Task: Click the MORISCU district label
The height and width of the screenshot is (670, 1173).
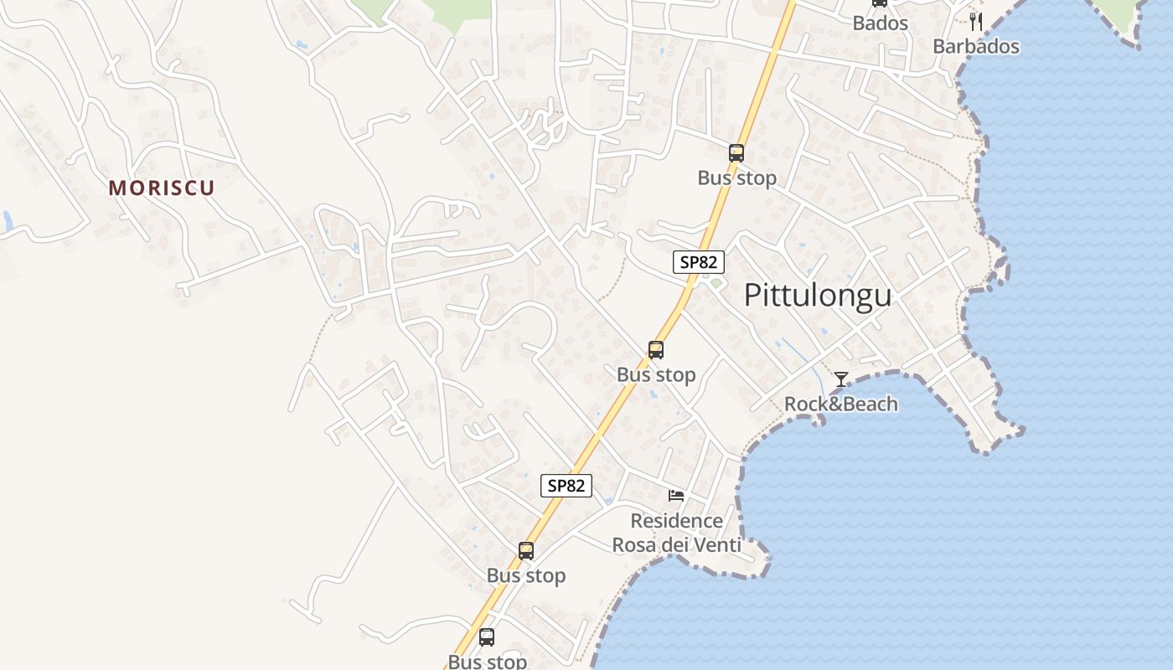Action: click(161, 188)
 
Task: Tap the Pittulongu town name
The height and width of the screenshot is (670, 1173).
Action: click(817, 296)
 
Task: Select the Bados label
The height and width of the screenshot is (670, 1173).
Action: click(880, 23)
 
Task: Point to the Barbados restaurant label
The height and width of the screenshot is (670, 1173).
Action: click(975, 46)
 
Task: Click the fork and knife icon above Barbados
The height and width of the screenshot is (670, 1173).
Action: click(975, 21)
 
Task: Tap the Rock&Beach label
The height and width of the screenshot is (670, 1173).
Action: click(840, 404)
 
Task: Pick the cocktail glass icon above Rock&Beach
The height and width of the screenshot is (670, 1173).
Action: click(840, 379)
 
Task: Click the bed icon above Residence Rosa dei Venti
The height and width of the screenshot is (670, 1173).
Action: click(676, 496)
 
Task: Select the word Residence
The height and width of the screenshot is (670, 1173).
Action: click(676, 521)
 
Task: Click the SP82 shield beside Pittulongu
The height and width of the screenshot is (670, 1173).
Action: click(698, 262)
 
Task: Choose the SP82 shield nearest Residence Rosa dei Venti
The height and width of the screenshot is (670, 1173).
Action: click(566, 486)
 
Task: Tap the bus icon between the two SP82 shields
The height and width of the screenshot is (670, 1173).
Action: click(655, 350)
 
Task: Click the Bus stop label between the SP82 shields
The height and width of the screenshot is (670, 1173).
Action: click(656, 374)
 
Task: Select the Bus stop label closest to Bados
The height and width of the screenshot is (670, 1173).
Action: click(736, 178)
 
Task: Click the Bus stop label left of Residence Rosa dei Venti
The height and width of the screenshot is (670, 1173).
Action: click(526, 575)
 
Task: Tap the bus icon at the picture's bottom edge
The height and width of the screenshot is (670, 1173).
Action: click(487, 637)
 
